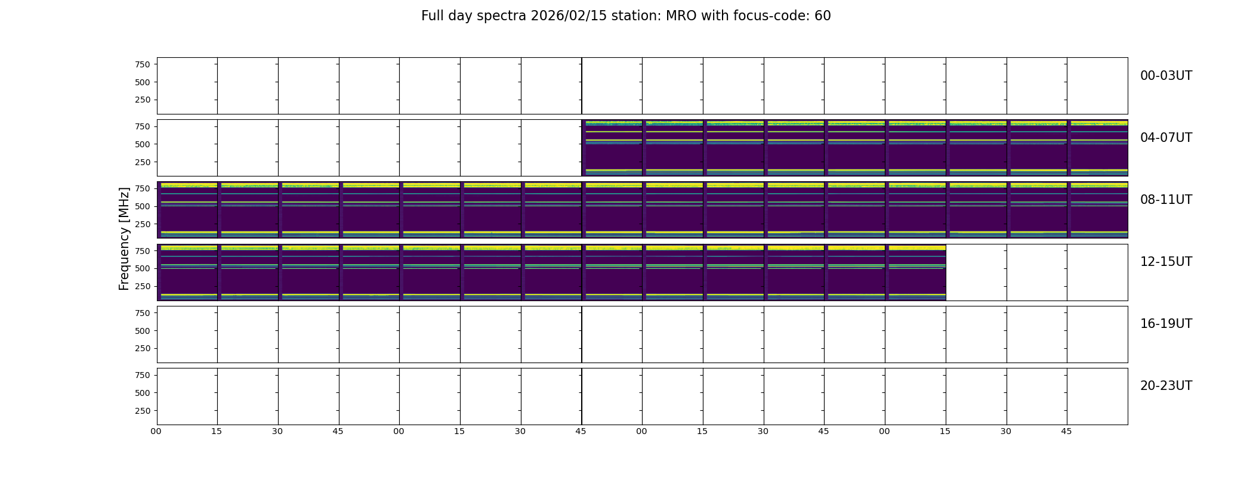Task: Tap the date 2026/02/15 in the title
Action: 564,16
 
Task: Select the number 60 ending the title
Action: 823,16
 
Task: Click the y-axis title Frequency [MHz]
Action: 124,238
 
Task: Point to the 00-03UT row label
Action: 1166,76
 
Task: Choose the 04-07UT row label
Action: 1166,138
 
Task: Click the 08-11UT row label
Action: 1166,200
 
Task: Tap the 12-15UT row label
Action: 1166,262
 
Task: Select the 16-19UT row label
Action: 1166,324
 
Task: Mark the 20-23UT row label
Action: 1166,386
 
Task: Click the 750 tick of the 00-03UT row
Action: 143,64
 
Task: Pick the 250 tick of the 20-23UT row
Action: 143,411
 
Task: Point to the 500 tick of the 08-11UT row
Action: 143,206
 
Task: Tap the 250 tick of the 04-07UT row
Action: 143,162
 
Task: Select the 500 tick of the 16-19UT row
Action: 143,331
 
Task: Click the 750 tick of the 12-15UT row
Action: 143,251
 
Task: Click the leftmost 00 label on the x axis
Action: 156,431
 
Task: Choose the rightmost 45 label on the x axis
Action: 1066,431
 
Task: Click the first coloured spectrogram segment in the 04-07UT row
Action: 612,148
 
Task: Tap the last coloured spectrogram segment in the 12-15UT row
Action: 915,272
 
